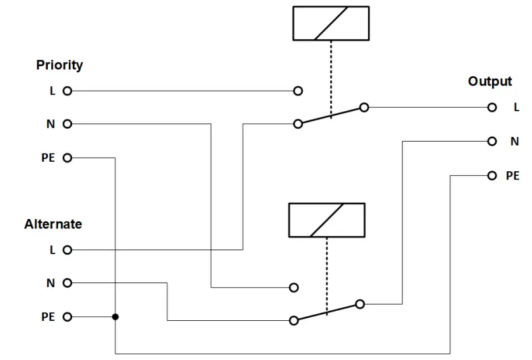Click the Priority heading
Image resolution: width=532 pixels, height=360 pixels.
pos(59,65)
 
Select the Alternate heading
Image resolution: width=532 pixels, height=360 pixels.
pos(53,224)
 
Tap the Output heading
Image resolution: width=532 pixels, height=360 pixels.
pos(490,82)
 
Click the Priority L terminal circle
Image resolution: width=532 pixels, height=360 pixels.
pos(67,90)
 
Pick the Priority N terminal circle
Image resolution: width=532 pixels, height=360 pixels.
pos(67,124)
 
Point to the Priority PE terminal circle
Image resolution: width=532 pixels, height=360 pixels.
pos(67,158)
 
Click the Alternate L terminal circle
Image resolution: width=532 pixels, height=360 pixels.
pos(67,250)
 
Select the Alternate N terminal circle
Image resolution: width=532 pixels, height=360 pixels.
pos(67,283)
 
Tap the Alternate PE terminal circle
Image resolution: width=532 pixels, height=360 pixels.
pos(67,317)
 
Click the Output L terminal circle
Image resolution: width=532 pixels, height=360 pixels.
pos(493,107)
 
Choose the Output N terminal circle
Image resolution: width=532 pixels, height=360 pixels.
pos(493,142)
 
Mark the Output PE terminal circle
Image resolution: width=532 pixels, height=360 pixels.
pos(493,175)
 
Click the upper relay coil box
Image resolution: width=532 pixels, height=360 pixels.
pos(330,24)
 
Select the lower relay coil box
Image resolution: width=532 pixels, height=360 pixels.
pos(326,220)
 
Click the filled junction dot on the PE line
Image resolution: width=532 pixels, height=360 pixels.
pos(115,317)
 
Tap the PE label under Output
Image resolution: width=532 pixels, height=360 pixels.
pos(512,176)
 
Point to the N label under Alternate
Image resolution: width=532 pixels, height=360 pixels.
pos(50,284)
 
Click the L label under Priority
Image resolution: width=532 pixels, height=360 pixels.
pos(52,91)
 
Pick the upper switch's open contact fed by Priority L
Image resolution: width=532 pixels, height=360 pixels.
pos(298,90)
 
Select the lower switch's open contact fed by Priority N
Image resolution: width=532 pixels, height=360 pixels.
pos(293,287)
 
